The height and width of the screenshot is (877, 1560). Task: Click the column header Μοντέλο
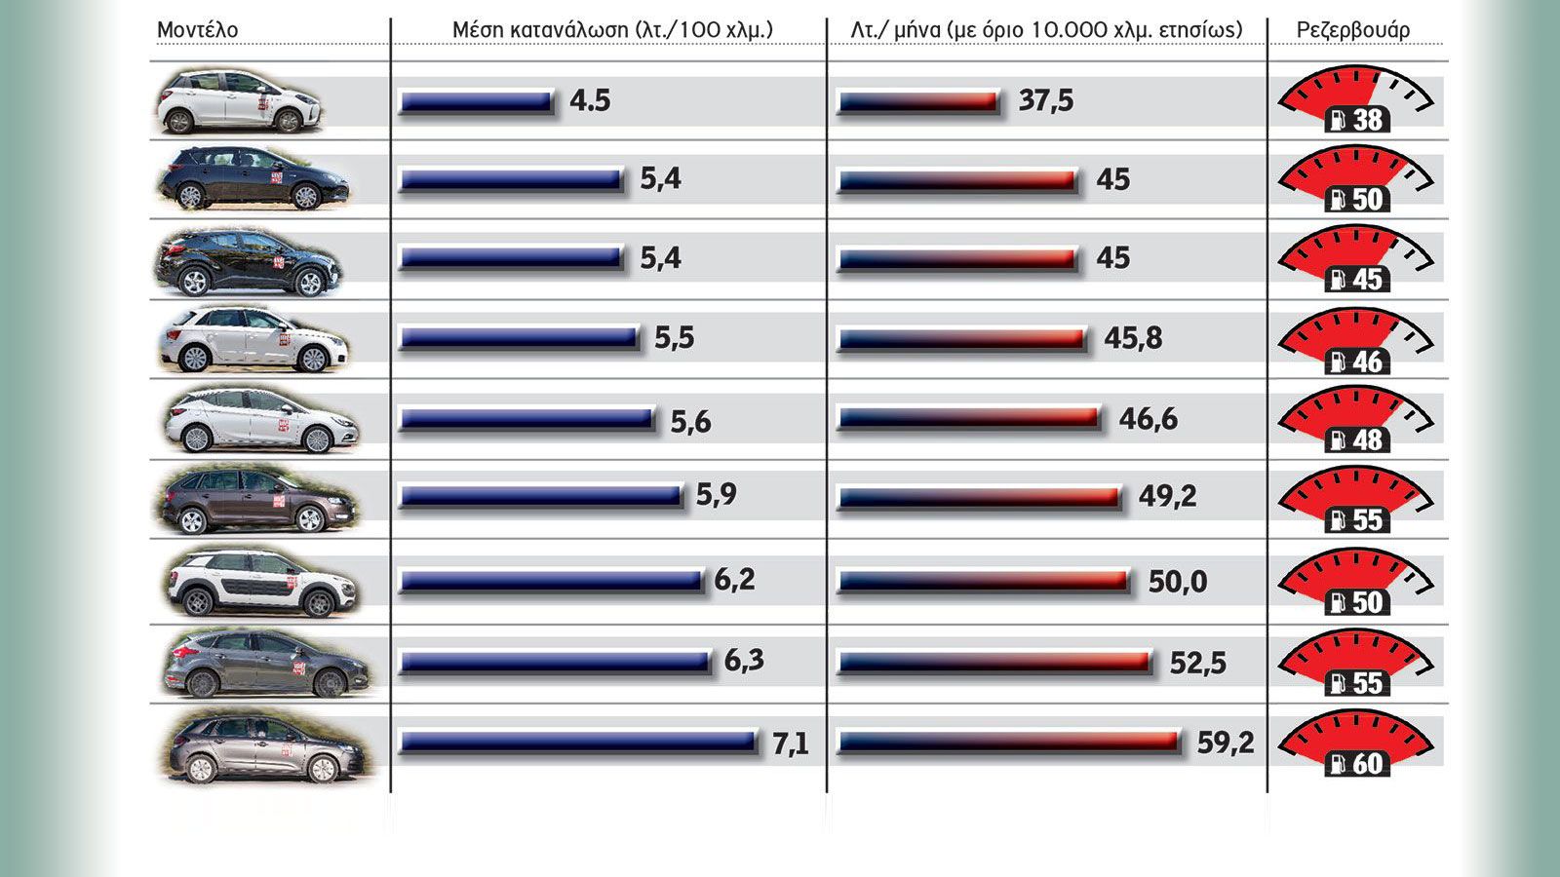197,30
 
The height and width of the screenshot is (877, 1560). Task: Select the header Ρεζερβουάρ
1353,30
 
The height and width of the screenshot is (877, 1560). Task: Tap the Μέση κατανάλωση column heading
612,30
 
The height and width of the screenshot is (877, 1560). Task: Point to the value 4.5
590,100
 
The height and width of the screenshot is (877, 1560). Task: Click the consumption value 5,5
674,337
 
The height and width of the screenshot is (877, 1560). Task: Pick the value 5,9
716,495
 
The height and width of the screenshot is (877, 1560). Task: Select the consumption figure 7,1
791,744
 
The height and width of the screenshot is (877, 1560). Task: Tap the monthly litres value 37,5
1045,101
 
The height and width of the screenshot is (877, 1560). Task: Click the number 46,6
1149,419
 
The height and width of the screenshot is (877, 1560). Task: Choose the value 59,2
1226,744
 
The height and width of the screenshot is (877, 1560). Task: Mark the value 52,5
1198,663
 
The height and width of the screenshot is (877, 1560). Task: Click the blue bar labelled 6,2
552,581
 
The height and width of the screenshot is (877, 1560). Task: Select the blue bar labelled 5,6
527,419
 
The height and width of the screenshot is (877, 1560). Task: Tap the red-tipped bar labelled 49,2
979,497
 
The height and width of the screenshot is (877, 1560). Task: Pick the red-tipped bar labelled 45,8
961,339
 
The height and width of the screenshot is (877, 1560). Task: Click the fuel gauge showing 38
1355,98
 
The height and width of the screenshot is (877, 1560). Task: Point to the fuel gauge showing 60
1355,742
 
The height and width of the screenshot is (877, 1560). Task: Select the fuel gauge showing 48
1355,419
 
